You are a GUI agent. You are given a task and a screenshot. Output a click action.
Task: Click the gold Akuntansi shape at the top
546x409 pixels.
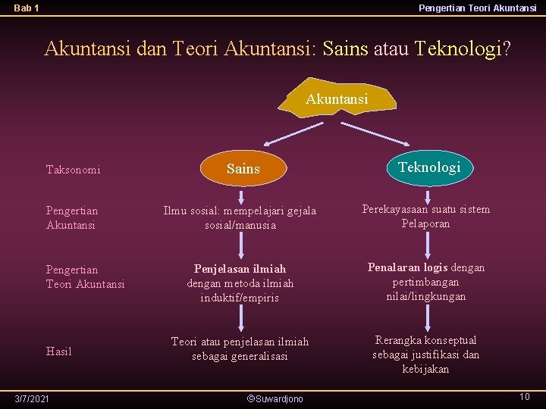(337, 98)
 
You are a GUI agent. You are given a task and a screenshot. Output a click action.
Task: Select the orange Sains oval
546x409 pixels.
(243, 169)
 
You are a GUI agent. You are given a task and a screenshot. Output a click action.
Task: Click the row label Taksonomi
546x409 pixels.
(74, 170)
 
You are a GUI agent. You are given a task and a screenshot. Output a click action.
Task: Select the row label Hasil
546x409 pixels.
(59, 351)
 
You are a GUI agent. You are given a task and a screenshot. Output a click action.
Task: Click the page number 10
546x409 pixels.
(524, 397)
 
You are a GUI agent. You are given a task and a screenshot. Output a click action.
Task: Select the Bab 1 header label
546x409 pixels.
(27, 8)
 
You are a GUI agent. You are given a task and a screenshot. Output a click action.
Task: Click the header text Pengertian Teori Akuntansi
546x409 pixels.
(477, 8)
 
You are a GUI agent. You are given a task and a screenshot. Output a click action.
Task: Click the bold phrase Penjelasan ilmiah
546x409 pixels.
(240, 269)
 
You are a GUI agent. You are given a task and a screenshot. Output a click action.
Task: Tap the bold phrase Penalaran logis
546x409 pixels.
(408, 267)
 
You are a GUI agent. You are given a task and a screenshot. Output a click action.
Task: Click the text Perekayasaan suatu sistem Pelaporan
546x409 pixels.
(425, 216)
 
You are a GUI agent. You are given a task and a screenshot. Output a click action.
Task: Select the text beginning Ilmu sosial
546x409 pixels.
(240, 217)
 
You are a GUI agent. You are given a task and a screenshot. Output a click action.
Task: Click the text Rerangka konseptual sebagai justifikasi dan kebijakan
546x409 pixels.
(425, 354)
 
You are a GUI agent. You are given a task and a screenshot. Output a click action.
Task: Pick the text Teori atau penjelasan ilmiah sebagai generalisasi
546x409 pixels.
(240, 348)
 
